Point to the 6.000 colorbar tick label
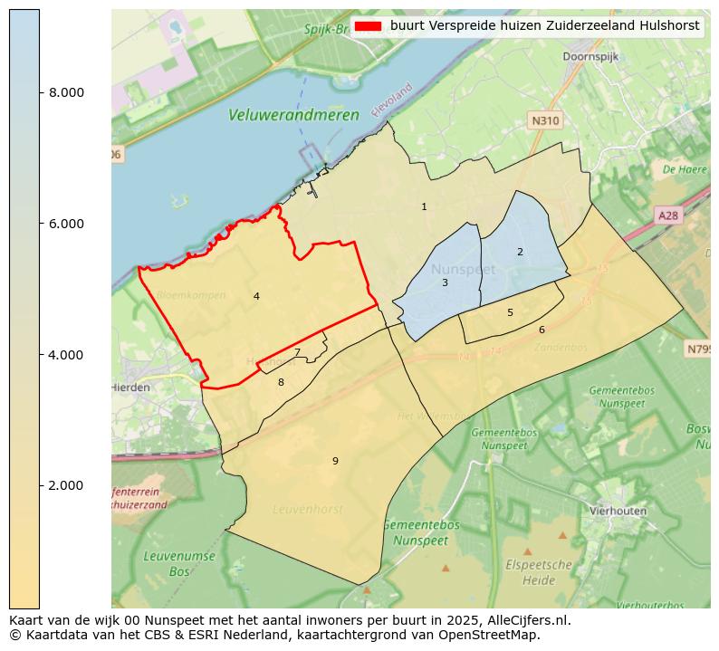(65, 224)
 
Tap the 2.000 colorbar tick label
(65, 485)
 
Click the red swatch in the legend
(369, 26)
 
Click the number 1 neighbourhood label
(424, 207)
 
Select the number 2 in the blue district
(520, 252)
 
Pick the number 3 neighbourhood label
(445, 282)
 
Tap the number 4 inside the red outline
(256, 296)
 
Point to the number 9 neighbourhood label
(335, 461)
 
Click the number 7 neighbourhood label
(297, 353)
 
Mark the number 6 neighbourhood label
(542, 330)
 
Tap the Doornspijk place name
(591, 56)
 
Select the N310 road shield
(545, 120)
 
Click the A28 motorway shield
(668, 215)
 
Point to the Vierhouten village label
(618, 511)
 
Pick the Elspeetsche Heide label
(540, 571)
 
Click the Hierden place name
(130, 387)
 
